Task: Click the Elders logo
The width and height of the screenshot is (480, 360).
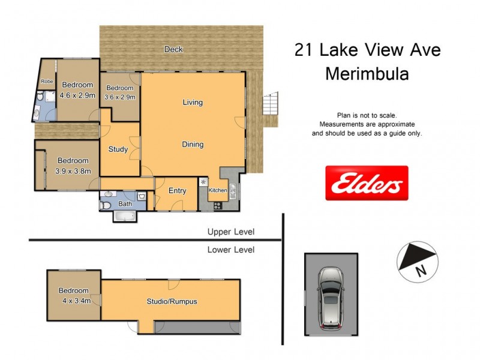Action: [x=367, y=183]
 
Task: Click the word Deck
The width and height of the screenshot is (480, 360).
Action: [x=173, y=49]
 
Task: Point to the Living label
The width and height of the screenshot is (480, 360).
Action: [x=193, y=103]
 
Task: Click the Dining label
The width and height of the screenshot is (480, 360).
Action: [x=193, y=145]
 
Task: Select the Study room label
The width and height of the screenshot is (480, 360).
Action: [x=118, y=149]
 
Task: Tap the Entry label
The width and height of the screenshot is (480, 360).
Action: [x=177, y=191]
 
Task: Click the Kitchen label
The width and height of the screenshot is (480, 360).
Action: [x=217, y=190]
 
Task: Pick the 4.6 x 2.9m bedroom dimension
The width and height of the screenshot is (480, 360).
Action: [x=78, y=95]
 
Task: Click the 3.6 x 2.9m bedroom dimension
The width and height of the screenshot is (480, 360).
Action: [x=119, y=97]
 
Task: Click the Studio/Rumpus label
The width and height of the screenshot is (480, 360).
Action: [x=172, y=302]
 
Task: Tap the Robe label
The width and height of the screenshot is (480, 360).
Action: [x=46, y=81]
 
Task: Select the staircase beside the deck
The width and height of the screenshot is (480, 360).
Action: [x=271, y=106]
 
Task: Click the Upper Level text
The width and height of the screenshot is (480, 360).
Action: [x=230, y=232]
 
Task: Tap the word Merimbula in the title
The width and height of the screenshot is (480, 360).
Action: [x=367, y=74]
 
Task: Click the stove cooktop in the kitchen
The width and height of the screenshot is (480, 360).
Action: [x=217, y=206]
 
